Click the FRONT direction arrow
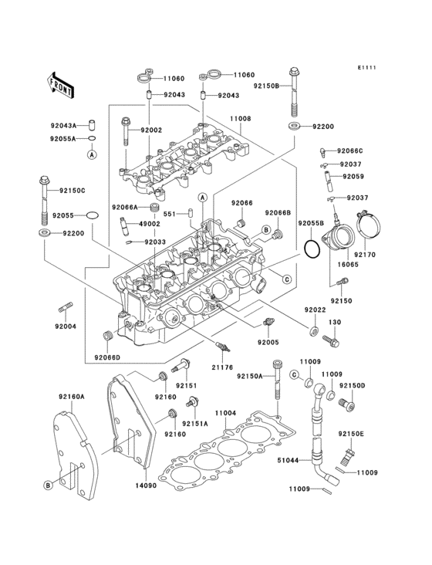point(61,84)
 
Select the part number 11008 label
point(239,120)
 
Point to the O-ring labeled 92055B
point(311,249)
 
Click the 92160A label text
point(71,398)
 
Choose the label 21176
point(222,367)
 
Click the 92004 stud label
point(65,326)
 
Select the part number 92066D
point(109,357)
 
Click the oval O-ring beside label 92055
point(92,215)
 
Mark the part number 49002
point(149,224)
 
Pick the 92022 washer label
point(313,310)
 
